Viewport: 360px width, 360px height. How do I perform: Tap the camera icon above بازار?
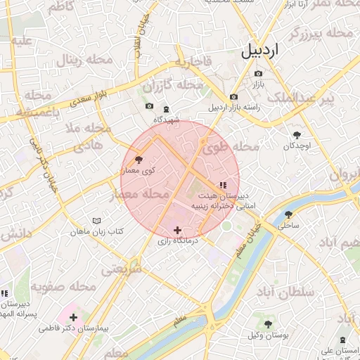tap(258, 74)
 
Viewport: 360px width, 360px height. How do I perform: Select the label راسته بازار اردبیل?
tap(234, 108)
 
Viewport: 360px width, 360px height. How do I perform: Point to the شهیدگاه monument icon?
tap(166, 109)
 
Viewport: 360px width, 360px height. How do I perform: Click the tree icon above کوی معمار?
tap(138, 160)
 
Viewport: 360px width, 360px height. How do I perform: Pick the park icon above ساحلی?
tap(288, 214)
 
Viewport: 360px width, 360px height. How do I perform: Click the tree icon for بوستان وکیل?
tap(268, 323)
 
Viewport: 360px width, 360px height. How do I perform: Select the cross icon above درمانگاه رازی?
tap(177, 229)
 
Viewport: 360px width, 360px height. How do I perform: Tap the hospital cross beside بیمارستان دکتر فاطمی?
tap(74, 317)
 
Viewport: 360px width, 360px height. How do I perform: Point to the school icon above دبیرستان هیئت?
tap(223, 185)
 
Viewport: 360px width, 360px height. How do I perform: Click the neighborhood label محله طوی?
tap(231, 148)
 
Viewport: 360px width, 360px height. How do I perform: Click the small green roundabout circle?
tap(226, 226)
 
